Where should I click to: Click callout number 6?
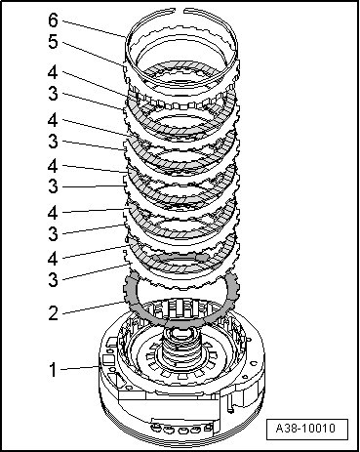click(x=53, y=21)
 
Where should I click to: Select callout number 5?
click(x=53, y=42)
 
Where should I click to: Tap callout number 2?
click(x=53, y=313)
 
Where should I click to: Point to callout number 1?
click(x=53, y=370)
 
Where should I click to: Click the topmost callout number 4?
click(x=53, y=72)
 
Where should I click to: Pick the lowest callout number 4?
click(x=53, y=259)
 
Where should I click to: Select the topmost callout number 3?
click(x=53, y=94)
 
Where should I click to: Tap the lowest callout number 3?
click(x=53, y=279)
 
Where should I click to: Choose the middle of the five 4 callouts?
click(x=53, y=166)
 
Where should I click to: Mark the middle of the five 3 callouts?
click(x=53, y=186)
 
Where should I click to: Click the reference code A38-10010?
click(x=305, y=428)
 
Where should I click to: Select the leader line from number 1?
click(x=80, y=368)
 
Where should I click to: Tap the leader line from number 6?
click(x=94, y=29)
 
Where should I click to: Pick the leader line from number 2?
click(x=94, y=308)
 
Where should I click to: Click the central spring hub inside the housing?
click(x=180, y=349)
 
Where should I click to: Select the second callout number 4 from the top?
click(x=53, y=120)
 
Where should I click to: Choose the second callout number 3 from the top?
click(x=53, y=142)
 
